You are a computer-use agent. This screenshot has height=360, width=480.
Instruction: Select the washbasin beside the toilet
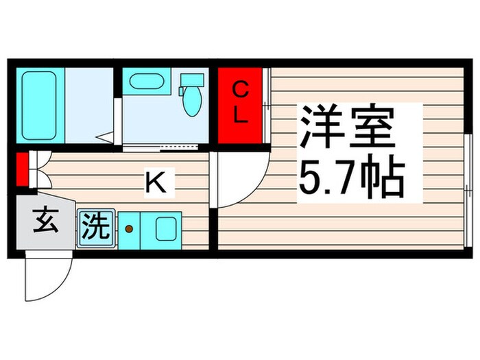145,83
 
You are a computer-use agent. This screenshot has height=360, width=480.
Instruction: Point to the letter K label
156,182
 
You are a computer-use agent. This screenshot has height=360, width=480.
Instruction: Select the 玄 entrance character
44,223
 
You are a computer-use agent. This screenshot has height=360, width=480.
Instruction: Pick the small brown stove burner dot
128,229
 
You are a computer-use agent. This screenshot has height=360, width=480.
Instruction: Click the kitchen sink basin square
167,228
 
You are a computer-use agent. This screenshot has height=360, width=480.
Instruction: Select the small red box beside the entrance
21,170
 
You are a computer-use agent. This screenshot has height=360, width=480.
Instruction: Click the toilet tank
192,82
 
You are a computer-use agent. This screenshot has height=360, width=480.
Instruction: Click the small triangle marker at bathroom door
104,138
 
